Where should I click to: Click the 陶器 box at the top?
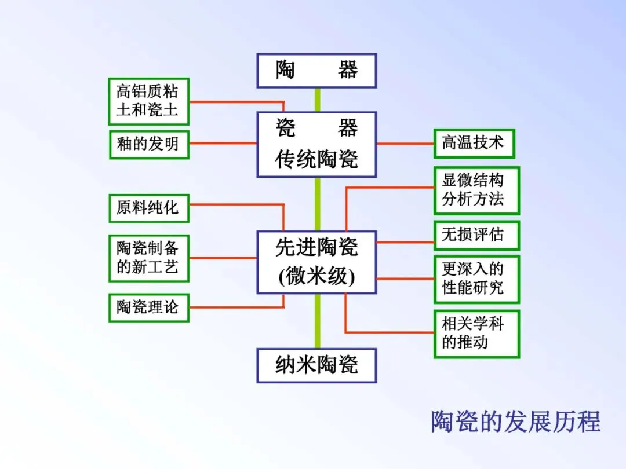point(316,71)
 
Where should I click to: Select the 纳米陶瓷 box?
point(316,365)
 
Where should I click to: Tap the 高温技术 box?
point(474,143)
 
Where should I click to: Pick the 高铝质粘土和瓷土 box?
point(148,101)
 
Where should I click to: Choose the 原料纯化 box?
point(148,208)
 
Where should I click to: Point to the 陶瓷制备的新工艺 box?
point(148,258)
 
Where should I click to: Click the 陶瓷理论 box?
point(148,307)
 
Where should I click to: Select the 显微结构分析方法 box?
point(476,190)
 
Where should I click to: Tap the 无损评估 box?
point(476,235)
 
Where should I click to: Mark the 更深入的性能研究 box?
point(476,279)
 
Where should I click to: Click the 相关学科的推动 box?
point(476,334)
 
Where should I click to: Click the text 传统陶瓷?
point(316,159)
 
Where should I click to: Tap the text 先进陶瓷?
point(316,248)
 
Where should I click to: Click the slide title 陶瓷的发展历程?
point(515,421)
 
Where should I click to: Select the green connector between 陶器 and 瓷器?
point(317,100)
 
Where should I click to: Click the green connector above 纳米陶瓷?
point(317,321)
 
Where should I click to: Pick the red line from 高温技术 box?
point(405,143)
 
